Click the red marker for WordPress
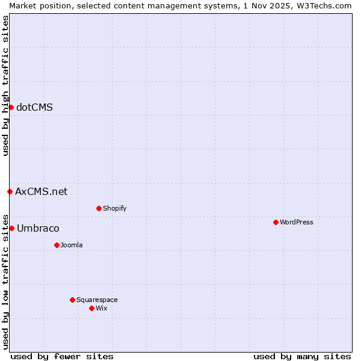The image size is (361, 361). pos(276,222)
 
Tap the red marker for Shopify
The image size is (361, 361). pos(99,208)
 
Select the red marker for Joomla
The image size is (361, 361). pos(57,245)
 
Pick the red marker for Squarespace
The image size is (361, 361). pos(72,300)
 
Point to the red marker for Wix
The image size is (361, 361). pos(91,308)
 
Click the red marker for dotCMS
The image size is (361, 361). pos(11,107)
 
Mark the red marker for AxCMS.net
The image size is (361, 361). pos(10,191)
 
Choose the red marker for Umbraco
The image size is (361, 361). pos(11,228)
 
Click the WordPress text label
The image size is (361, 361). pos(297,222)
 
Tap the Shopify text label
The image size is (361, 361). pos(114,208)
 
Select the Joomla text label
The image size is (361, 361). pos(72,245)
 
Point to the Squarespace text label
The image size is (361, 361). pos(97,300)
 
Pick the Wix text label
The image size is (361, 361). pos(101,308)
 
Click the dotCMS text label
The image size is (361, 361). pos(34,108)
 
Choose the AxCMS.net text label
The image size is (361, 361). pos(41,192)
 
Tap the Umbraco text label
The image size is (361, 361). pos(38,229)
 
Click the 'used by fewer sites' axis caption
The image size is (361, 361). pos(62,356)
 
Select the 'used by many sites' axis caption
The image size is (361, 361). pos(302,356)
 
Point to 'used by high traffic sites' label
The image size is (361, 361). pos(5,85)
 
